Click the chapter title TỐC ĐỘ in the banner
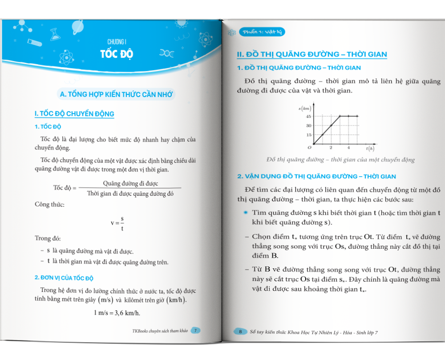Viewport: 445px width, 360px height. point(117,54)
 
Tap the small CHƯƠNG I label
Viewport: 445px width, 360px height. point(117,42)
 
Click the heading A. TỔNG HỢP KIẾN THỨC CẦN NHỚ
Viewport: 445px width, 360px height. point(117,94)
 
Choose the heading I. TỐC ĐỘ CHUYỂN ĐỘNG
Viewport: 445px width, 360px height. point(74,114)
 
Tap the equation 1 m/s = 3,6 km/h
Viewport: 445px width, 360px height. point(117,313)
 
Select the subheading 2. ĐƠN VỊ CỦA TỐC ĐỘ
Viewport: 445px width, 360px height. point(64,278)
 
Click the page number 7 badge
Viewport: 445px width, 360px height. point(196,330)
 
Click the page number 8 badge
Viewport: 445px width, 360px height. point(240,332)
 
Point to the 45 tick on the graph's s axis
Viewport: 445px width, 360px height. point(308,117)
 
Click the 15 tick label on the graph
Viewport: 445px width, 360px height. point(308,134)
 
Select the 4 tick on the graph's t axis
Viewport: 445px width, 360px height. point(348,148)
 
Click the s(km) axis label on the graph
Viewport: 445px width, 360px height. point(304,108)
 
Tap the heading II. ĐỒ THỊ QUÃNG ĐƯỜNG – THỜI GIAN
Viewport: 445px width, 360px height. point(312,55)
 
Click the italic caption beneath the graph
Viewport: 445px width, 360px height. point(340,160)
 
